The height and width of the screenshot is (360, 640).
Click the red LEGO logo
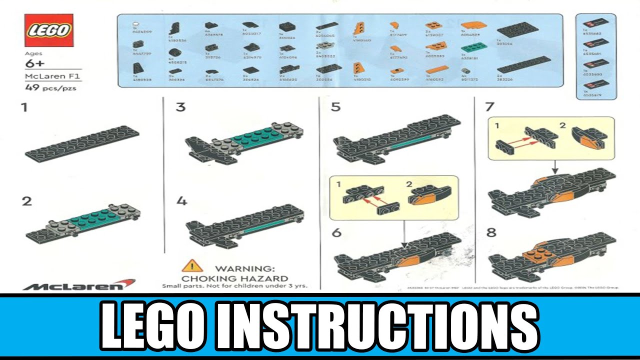(49, 30)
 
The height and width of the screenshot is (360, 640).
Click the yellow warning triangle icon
(192, 265)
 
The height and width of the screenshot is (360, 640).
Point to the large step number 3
(180, 107)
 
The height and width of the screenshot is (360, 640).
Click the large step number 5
(335, 107)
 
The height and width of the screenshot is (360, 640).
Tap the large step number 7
(490, 107)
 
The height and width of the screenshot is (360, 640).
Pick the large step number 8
(490, 233)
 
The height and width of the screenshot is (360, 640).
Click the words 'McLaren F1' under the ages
(46, 76)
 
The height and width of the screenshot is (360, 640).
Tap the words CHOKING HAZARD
(234, 278)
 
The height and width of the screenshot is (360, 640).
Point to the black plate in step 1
(82, 143)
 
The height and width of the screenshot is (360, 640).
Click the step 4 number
(181, 201)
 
